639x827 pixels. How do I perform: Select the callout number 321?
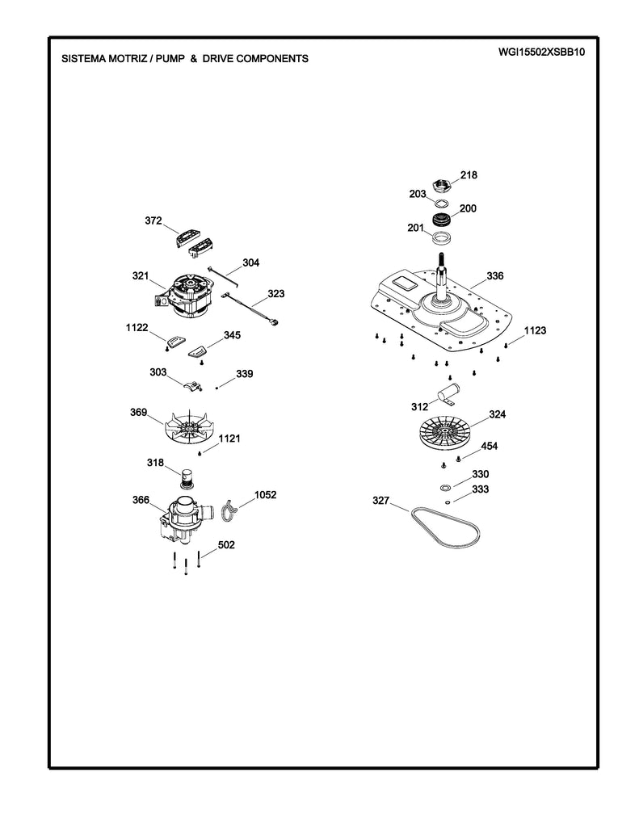141,276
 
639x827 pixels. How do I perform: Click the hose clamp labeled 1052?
230,509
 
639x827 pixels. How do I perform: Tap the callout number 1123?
535,330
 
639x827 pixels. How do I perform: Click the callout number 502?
227,546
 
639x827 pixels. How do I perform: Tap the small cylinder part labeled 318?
188,478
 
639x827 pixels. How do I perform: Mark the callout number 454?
490,446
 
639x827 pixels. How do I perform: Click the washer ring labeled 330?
445,488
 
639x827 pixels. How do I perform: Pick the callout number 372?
153,220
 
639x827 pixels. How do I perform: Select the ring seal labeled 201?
441,237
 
